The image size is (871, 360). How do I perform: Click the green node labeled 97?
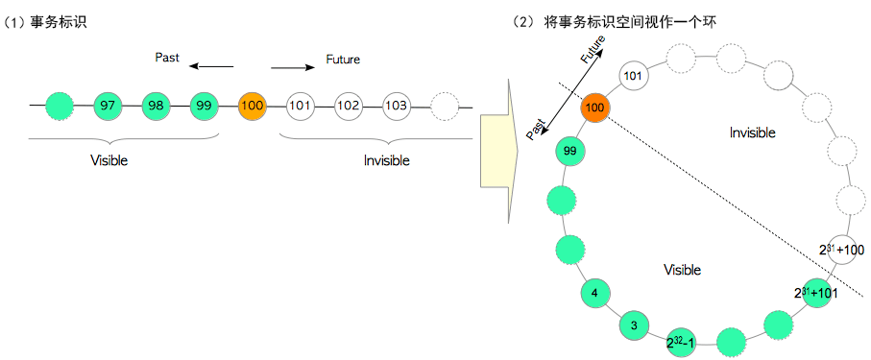pyautogui.click(x=108, y=105)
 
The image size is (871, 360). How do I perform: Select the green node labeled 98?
pyautogui.click(x=156, y=105)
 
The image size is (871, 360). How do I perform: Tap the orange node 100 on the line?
pyautogui.click(x=252, y=105)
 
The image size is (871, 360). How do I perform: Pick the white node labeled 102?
pyautogui.click(x=348, y=105)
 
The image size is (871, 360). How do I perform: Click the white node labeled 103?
pyautogui.click(x=396, y=105)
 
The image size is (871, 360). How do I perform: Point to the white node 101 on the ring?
pyautogui.click(x=632, y=75)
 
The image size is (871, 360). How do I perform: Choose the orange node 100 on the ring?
pyautogui.click(x=594, y=108)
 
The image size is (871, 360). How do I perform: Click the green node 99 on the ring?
pyautogui.click(x=570, y=151)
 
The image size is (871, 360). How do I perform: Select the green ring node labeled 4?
pyautogui.click(x=595, y=293)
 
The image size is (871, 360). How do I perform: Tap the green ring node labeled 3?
pyautogui.click(x=634, y=324)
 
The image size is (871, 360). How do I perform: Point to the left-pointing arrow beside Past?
pyautogui.click(x=211, y=67)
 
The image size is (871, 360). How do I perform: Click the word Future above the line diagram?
pyautogui.click(x=343, y=60)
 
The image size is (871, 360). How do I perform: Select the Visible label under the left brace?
pyautogui.click(x=108, y=160)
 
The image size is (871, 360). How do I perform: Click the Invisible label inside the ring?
pyautogui.click(x=752, y=132)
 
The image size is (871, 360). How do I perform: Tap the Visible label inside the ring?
pyautogui.click(x=682, y=270)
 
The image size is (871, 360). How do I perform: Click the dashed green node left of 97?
pyautogui.click(x=60, y=105)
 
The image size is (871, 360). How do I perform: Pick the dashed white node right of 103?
pyautogui.click(x=444, y=105)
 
